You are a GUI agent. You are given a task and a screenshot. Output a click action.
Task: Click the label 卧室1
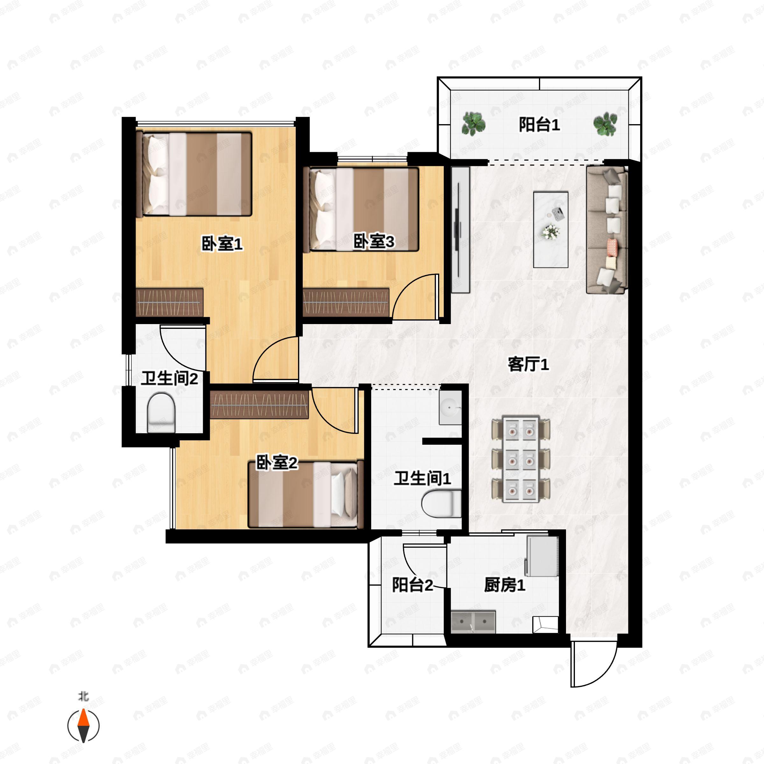tap(222, 244)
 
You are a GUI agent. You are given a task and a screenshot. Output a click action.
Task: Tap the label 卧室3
tap(374, 241)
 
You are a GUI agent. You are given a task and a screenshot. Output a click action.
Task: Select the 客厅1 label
tap(528, 364)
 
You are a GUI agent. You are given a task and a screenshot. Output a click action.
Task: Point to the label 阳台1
tap(539, 125)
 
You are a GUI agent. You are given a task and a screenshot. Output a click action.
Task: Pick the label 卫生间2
tap(169, 378)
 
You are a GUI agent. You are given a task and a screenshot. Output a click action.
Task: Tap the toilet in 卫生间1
tap(441, 503)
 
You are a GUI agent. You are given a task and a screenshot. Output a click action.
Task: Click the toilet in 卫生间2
tap(161, 413)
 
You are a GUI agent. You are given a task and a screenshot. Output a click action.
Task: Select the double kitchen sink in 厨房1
tap(473, 622)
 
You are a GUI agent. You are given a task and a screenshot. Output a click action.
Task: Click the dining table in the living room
tap(521, 459)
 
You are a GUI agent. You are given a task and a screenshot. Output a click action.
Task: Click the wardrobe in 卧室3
tap(346, 302)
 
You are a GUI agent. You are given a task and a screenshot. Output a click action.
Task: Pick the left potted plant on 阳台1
tap(473, 124)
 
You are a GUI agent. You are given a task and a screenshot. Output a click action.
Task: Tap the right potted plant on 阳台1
tap(605, 124)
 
